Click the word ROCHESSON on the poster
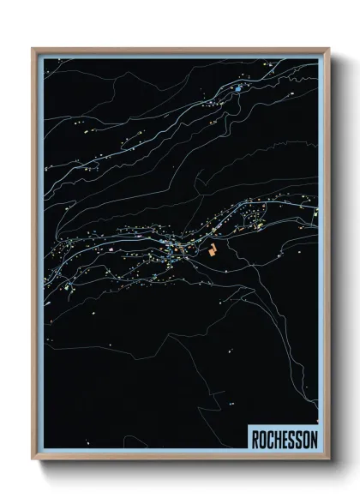(285, 440)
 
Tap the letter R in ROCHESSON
(255, 440)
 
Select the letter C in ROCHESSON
(270, 440)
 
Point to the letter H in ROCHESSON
(278, 440)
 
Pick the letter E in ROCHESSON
(285, 440)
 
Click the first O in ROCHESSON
(262, 440)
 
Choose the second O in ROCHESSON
(306, 440)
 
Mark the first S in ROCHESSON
(291, 440)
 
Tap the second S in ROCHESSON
(298, 440)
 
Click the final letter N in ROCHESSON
(314, 440)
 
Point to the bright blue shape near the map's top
(237, 88)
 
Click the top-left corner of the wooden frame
(33, 49)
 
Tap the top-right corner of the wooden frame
(328, 49)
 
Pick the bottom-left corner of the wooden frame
(33, 459)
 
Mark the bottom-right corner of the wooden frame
(328, 459)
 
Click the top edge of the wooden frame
(180, 49)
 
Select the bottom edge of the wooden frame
(180, 459)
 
